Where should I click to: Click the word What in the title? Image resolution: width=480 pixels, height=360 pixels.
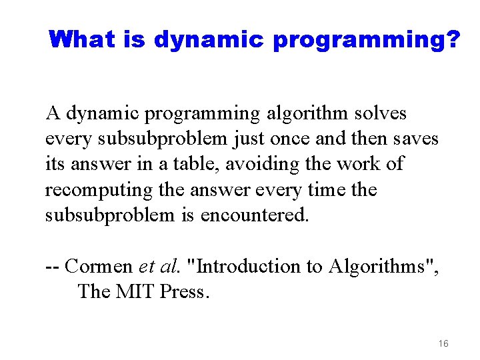(82, 40)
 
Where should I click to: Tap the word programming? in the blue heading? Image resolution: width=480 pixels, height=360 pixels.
(367, 41)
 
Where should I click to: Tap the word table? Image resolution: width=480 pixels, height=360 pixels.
(191, 165)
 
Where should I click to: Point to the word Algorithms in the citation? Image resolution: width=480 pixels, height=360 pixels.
(382, 267)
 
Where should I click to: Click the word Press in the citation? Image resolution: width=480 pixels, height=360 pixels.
(185, 291)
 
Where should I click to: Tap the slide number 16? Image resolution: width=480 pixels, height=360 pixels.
(443, 343)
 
